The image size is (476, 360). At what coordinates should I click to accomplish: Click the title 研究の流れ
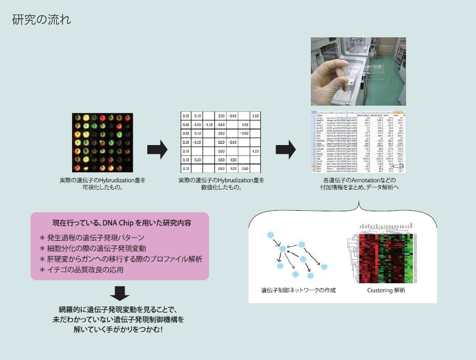41,20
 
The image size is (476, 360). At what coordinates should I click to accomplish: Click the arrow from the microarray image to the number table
157,151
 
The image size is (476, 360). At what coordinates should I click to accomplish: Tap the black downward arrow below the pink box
120,293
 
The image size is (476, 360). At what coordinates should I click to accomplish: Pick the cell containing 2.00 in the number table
221,116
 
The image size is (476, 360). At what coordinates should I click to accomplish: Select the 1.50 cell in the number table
255,116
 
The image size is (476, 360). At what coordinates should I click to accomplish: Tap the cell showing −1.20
208,125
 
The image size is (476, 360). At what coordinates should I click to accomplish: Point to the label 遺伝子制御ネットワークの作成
298,290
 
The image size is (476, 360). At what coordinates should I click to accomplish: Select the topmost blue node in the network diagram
271,235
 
